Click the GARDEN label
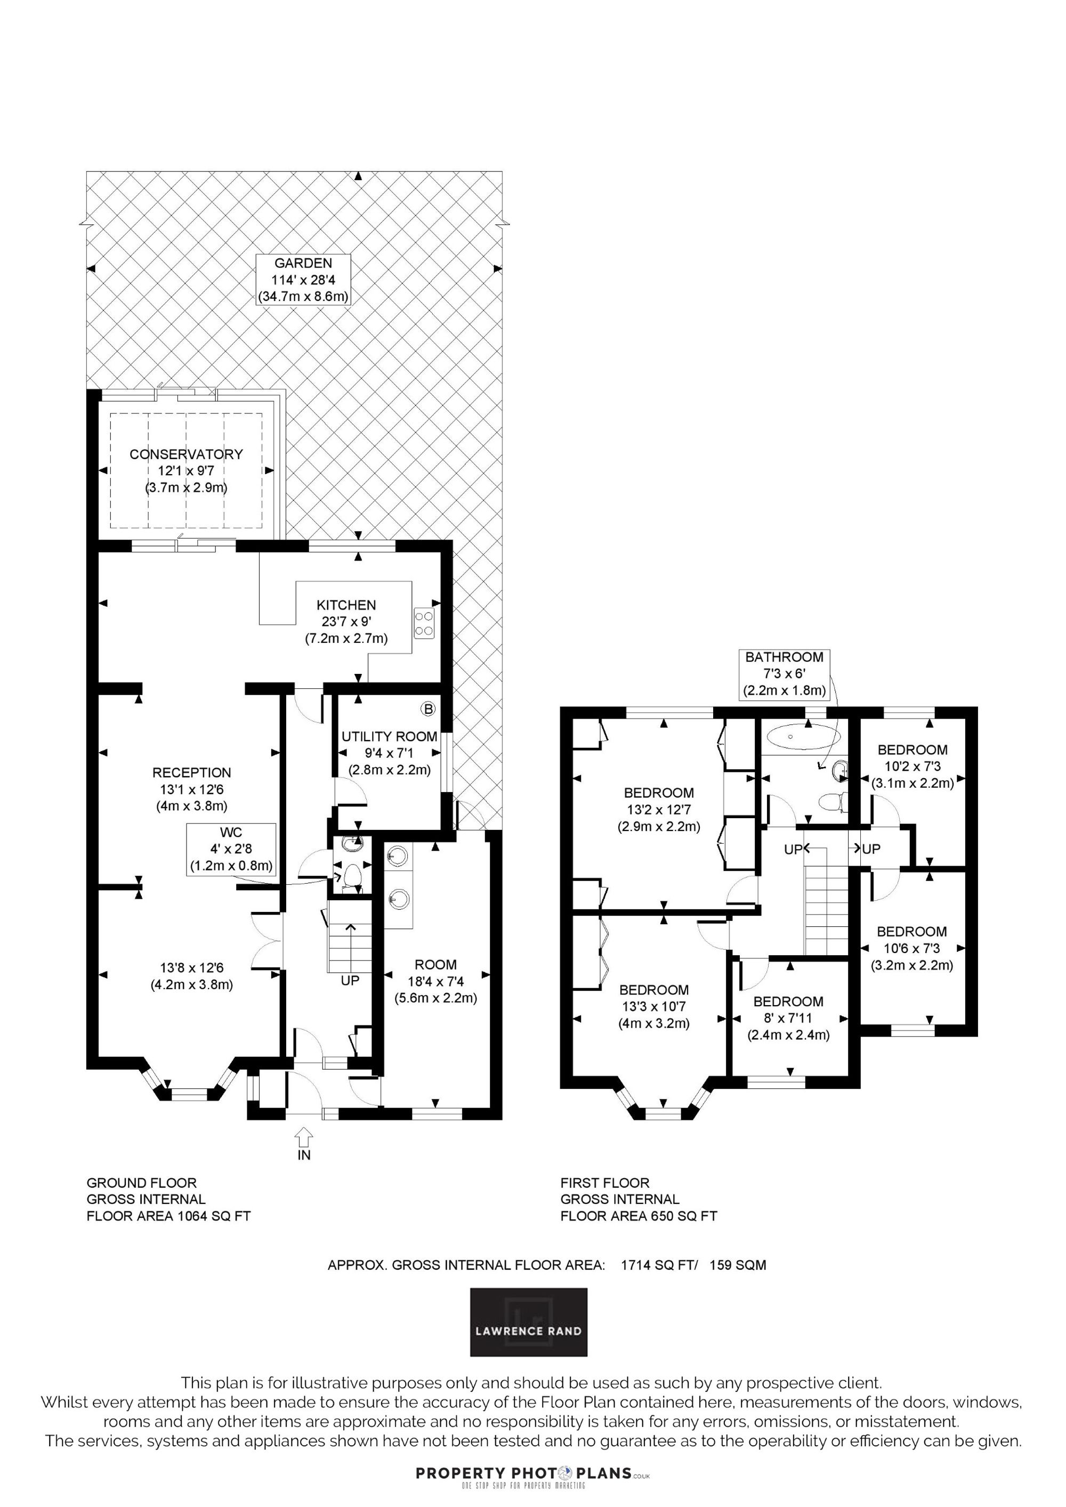(x=303, y=263)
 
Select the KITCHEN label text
(x=346, y=605)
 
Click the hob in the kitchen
(x=424, y=623)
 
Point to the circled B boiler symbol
(x=428, y=710)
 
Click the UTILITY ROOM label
(x=390, y=736)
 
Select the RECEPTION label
(x=192, y=772)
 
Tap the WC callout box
(x=231, y=849)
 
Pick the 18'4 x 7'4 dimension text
(x=435, y=981)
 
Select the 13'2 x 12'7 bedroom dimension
(x=659, y=810)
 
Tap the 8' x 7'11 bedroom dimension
(x=788, y=1018)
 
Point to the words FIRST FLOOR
(x=605, y=1183)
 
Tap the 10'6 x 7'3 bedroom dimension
(x=911, y=948)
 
